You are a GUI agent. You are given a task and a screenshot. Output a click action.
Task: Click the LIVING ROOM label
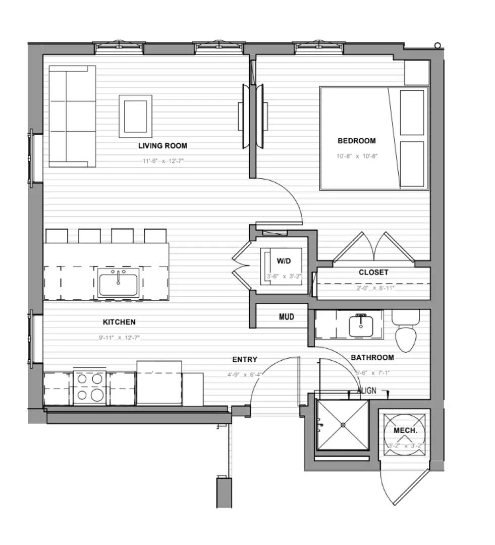(162, 146)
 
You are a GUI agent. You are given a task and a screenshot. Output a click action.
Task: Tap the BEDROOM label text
(357, 141)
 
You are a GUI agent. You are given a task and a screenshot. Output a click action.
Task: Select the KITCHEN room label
(119, 322)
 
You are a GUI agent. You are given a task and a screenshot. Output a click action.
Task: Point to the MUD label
(286, 317)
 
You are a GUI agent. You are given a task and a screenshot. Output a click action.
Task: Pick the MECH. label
(405, 430)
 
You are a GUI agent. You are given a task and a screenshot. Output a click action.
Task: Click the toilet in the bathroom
(406, 333)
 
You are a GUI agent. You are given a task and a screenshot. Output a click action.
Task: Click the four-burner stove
(90, 387)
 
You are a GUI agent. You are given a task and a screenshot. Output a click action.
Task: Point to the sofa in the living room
(72, 116)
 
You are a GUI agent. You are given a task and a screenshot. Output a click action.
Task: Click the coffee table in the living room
(135, 116)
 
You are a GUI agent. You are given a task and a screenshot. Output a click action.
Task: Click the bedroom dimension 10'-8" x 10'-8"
(357, 156)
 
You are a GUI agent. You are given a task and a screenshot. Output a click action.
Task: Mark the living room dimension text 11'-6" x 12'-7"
(162, 161)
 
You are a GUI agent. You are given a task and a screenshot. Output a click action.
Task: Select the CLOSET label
(373, 272)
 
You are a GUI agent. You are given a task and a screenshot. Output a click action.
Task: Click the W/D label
(284, 261)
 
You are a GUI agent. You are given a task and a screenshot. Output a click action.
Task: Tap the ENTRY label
(245, 359)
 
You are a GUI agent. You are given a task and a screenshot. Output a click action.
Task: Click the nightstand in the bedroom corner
(417, 73)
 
